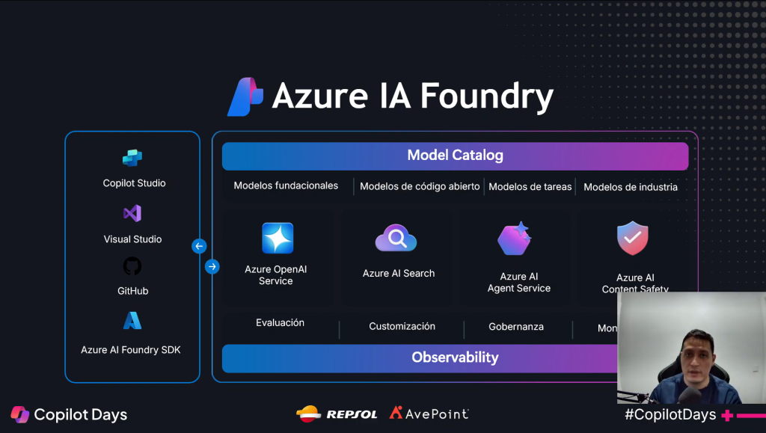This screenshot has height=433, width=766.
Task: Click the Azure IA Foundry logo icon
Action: click(x=245, y=96)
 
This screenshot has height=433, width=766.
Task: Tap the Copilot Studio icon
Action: click(x=132, y=158)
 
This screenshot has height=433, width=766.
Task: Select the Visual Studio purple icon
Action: click(x=132, y=214)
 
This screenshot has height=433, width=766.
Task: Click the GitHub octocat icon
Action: click(x=132, y=266)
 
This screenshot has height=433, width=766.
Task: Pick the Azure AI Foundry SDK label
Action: click(x=131, y=349)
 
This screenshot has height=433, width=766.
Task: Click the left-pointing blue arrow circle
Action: click(x=199, y=246)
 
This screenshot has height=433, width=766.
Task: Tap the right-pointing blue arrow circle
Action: click(x=212, y=266)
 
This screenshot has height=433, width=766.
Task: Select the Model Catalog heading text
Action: click(x=455, y=156)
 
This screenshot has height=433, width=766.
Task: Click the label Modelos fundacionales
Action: click(x=286, y=185)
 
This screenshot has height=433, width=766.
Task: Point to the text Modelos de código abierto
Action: click(x=420, y=186)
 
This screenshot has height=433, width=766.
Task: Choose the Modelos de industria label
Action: click(x=631, y=187)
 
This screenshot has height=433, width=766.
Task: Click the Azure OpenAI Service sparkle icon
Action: click(x=278, y=239)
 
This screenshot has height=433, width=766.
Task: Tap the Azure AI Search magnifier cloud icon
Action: click(x=396, y=239)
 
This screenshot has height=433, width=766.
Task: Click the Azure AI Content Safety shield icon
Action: click(x=632, y=239)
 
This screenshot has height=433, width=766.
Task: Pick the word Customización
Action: click(x=402, y=326)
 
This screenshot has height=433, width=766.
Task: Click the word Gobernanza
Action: click(x=516, y=327)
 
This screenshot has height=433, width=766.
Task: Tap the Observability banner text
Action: click(x=455, y=357)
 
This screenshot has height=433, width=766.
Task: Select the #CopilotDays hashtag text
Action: click(x=670, y=414)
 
